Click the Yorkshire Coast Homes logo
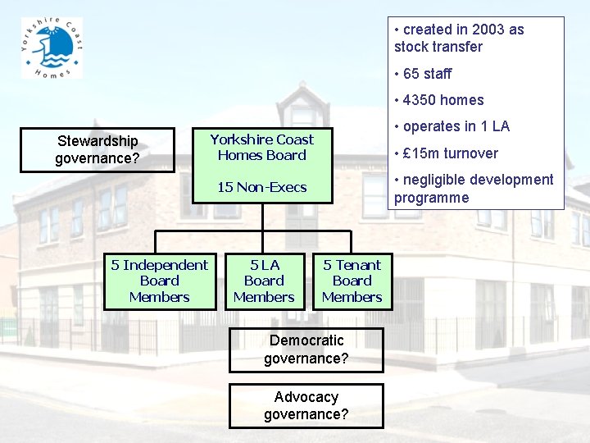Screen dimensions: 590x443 (x=52, y=48)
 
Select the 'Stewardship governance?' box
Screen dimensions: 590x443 (x=97, y=150)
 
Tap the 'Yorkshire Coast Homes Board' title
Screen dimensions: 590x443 (x=261, y=148)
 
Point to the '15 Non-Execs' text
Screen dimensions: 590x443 (x=261, y=187)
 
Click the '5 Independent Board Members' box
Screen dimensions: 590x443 (x=159, y=281)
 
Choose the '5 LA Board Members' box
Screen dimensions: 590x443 (x=264, y=281)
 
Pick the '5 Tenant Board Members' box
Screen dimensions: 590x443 (x=352, y=281)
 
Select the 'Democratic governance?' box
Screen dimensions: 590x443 (x=306, y=349)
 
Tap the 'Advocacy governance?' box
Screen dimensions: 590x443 (x=306, y=405)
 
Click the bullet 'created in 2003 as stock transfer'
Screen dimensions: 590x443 (x=459, y=38)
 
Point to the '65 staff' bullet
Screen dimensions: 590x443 (x=426, y=74)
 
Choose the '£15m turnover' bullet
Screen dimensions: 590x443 (x=450, y=153)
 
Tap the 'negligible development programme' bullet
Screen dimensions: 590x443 (x=474, y=189)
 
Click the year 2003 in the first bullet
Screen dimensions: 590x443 (x=488, y=30)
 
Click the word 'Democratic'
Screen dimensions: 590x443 (x=306, y=340)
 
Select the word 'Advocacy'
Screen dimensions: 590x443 (x=306, y=397)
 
